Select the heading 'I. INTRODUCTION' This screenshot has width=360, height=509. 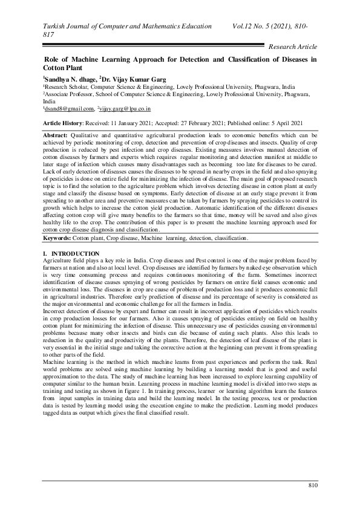click(71, 252)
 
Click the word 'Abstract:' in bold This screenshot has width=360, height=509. click(58, 132)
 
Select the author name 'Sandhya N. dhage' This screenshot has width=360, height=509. click(68, 79)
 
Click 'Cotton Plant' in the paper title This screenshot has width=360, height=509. click(62, 69)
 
